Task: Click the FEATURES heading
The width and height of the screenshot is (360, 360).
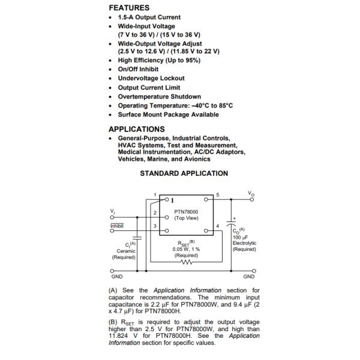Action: pyautogui.click(x=128, y=8)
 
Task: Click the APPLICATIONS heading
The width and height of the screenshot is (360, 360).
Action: pyautogui.click(x=136, y=129)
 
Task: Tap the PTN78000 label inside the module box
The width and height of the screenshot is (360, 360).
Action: pyautogui.click(x=186, y=212)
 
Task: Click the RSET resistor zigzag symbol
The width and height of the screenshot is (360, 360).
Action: pyautogui.click(x=186, y=262)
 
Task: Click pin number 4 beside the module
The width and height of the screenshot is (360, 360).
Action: pyautogui.click(x=217, y=226)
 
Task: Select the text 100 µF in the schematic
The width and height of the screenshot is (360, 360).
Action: pyautogui.click(x=240, y=238)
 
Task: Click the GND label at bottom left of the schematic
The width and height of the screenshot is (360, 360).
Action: pyautogui.click(x=116, y=277)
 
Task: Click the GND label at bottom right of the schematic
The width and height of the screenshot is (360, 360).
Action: pyautogui.click(x=249, y=277)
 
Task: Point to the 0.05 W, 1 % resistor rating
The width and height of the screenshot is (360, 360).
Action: pyautogui.click(x=186, y=249)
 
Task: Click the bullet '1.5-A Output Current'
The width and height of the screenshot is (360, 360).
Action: pyautogui.click(x=149, y=17)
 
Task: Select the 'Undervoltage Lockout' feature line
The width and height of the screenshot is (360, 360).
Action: pyautogui.click(x=151, y=78)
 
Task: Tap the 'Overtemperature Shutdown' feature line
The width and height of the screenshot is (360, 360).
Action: pyautogui.click(x=159, y=97)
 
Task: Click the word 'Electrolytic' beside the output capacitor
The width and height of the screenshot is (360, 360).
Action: pyautogui.click(x=244, y=243)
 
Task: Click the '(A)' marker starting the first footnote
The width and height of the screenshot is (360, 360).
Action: pyautogui.click(x=113, y=290)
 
